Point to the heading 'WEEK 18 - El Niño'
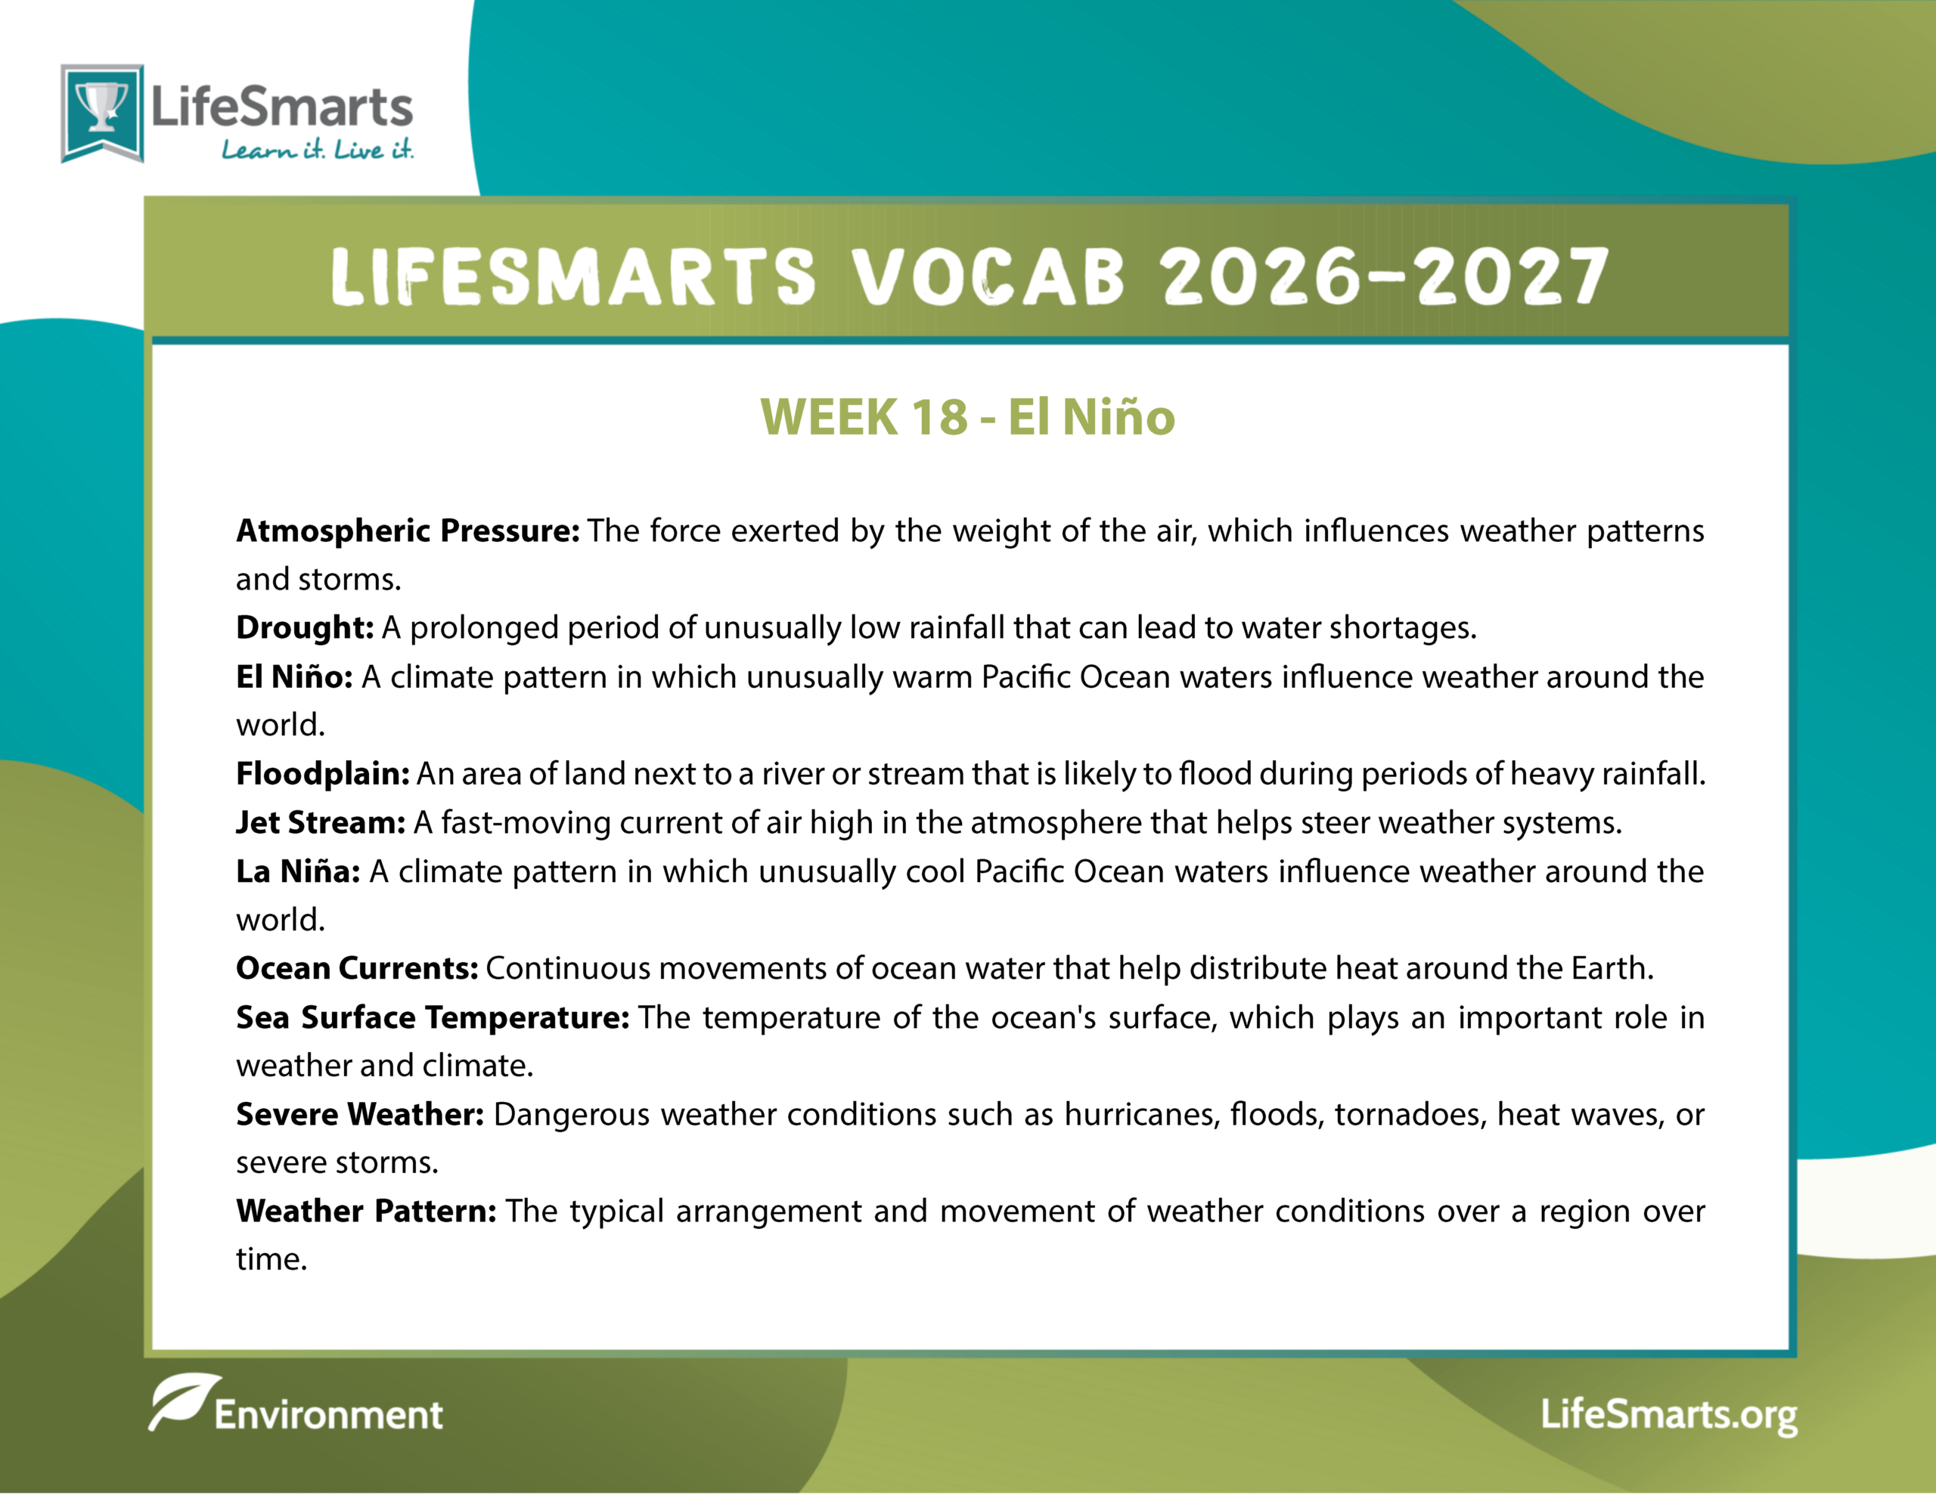click(968, 416)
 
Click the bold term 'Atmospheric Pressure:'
click(408, 531)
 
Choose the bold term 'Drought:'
click(305, 627)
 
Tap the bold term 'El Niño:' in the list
click(294, 676)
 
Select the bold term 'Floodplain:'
click(323, 774)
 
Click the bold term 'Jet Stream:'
click(321, 822)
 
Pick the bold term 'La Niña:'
click(298, 871)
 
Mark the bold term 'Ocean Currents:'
click(357, 967)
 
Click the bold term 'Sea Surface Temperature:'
click(433, 1017)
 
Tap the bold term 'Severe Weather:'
click(360, 1114)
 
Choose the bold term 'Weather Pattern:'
click(366, 1211)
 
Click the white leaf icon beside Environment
click(184, 1401)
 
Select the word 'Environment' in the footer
click(328, 1415)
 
